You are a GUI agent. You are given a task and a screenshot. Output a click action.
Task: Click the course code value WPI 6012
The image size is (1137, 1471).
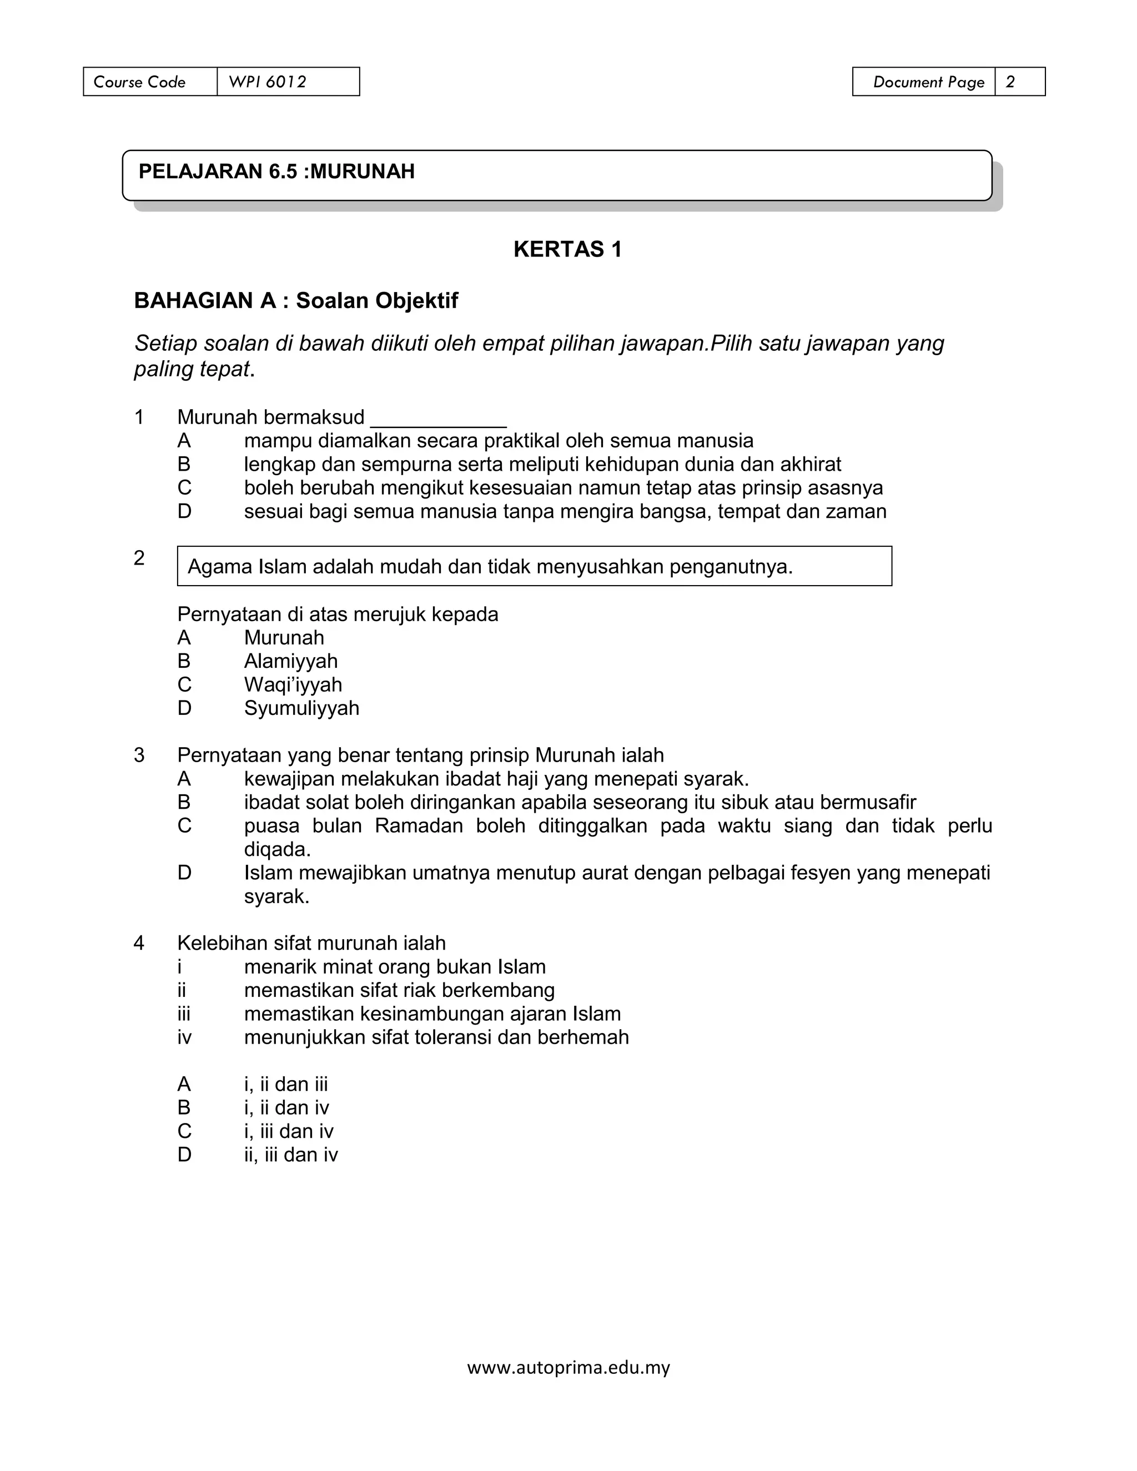pyautogui.click(x=268, y=82)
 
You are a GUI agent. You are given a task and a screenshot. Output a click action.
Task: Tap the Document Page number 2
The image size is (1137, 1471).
pyautogui.click(x=1010, y=82)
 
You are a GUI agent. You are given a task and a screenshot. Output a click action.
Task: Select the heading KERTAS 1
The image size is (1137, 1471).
pyautogui.click(x=567, y=249)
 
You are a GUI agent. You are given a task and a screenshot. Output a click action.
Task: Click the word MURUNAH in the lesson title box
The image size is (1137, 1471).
pyautogui.click(x=363, y=172)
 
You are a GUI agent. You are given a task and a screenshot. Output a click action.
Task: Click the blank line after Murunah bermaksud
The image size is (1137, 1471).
pyautogui.click(x=438, y=419)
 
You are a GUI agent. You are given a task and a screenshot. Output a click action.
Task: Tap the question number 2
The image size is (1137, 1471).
pyautogui.click(x=139, y=558)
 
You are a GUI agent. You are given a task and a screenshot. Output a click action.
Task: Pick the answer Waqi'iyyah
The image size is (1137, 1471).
pyautogui.click(x=293, y=684)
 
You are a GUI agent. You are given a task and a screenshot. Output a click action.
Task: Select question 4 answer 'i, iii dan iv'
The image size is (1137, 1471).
pyautogui.click(x=288, y=1131)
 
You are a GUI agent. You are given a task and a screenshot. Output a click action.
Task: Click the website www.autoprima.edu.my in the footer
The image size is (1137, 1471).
pyautogui.click(x=568, y=1368)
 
